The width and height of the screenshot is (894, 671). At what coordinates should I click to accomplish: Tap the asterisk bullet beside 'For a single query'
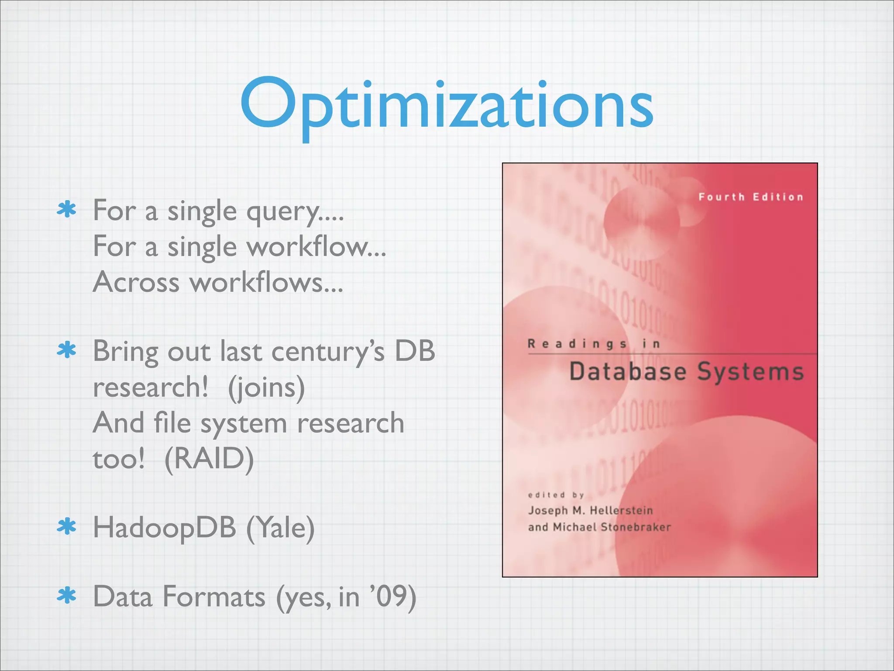(67, 210)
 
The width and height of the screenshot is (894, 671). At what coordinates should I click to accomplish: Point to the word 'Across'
(136, 282)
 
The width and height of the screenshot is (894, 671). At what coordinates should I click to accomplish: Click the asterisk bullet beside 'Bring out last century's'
(67, 350)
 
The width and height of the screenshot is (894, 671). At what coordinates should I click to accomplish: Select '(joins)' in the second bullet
(266, 387)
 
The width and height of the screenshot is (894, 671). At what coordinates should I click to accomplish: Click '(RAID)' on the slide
(209, 459)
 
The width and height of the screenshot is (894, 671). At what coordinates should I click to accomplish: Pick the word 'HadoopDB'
(165, 527)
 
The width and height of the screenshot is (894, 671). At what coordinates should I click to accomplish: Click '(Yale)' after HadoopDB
(280, 528)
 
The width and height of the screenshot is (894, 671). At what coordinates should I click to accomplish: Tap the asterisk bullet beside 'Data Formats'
(67, 596)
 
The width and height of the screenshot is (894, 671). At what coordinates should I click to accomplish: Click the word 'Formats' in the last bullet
(214, 597)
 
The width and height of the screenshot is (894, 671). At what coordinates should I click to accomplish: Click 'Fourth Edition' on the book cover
(751, 197)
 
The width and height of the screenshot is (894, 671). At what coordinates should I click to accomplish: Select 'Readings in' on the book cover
(594, 344)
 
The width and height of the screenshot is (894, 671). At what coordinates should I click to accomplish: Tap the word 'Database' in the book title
(628, 372)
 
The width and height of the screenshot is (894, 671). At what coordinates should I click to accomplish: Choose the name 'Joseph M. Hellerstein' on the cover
(590, 510)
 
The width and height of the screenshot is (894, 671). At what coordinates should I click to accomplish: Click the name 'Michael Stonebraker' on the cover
(612, 527)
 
